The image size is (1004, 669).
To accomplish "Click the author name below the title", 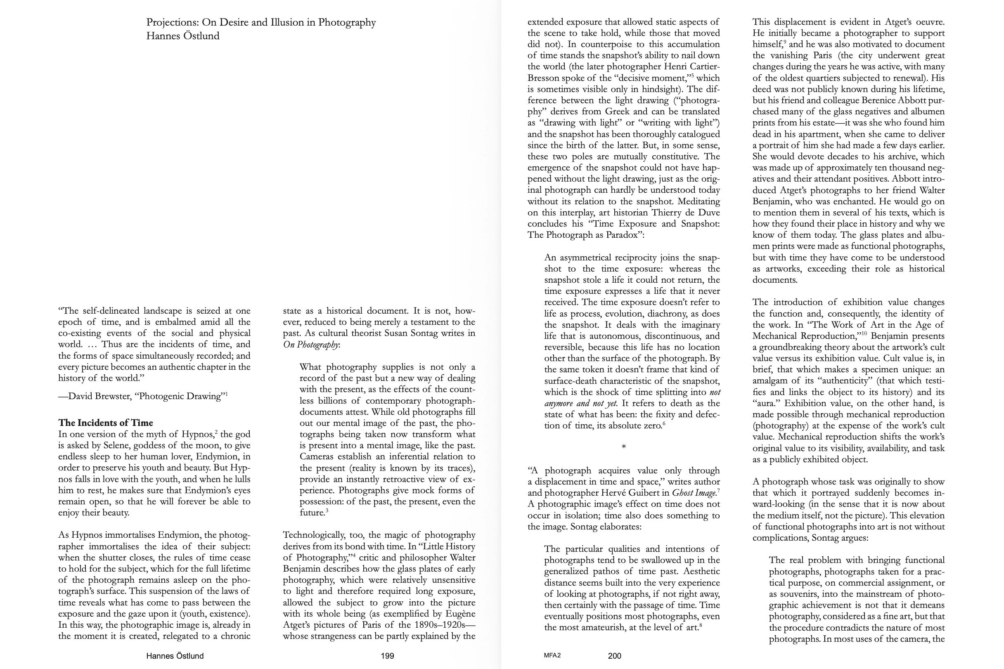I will coord(182,36).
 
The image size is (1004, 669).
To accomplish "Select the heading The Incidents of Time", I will coord(105,423).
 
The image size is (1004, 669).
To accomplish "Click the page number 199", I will coord(387,656).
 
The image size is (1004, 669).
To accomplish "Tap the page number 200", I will coord(614,656).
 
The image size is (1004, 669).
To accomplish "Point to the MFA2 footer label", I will coord(552,655).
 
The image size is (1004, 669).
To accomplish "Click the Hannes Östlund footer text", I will coord(175,656).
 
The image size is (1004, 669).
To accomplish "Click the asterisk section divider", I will coord(623,447).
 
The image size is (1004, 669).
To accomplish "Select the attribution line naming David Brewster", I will coord(142,396).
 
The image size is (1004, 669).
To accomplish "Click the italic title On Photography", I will coord(310,345).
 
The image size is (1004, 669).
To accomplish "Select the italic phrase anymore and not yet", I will coord(581,404).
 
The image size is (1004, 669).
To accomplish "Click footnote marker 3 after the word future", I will coord(327,510).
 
